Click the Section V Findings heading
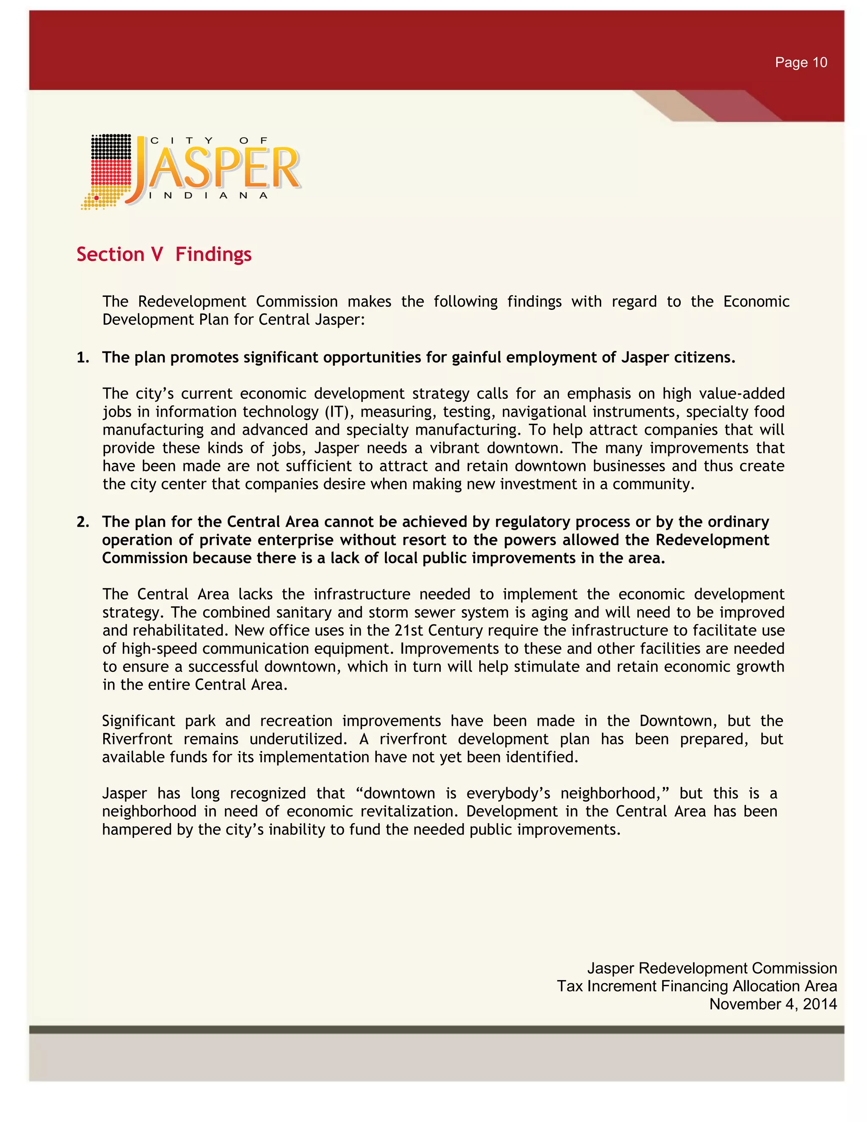(x=164, y=254)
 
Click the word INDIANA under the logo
(x=208, y=196)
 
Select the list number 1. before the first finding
(x=83, y=358)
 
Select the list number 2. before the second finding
(x=83, y=522)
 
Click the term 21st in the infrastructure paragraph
(x=409, y=630)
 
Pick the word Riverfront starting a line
(x=137, y=739)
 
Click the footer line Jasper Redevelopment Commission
(x=712, y=968)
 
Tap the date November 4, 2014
(x=773, y=1004)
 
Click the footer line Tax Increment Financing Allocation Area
(x=697, y=987)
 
